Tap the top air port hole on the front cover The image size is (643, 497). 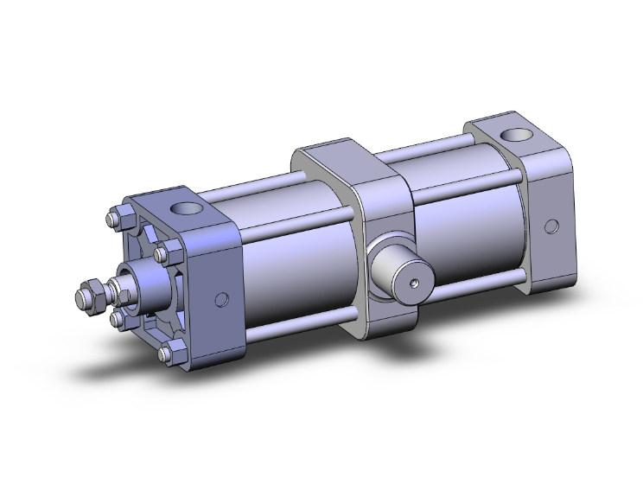[185, 209]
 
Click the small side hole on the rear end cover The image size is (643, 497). [551, 226]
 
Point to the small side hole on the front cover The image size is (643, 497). [221, 300]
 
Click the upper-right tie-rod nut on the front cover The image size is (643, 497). [166, 254]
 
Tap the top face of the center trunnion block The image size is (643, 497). [346, 160]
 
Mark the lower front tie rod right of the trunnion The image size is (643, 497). [475, 286]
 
